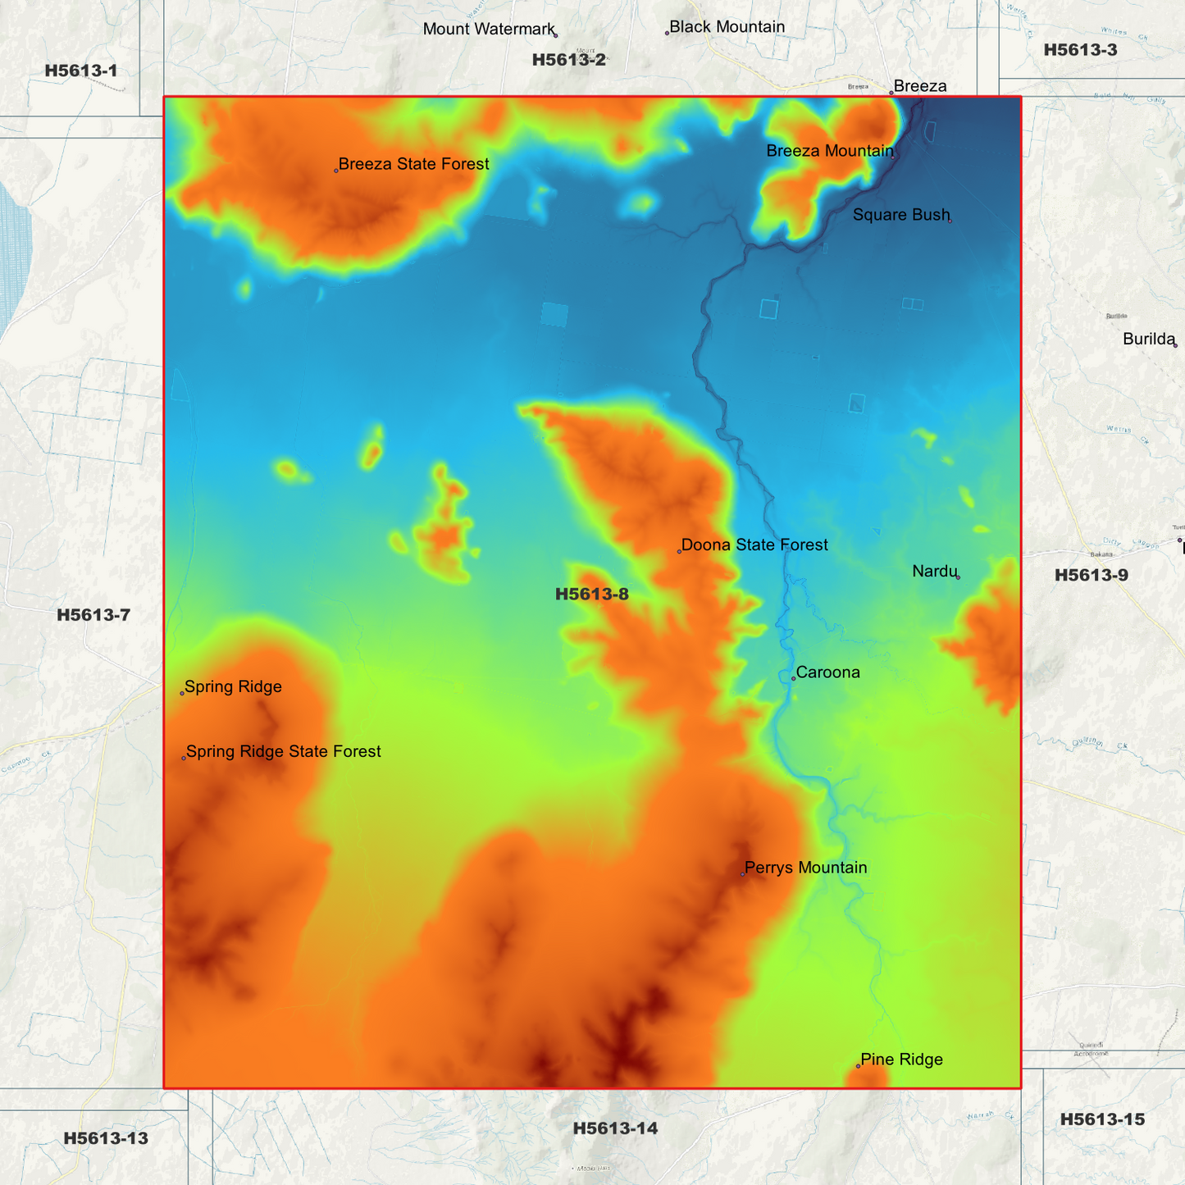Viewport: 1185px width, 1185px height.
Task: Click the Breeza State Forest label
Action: pyautogui.click(x=413, y=164)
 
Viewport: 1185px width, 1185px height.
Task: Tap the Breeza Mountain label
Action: pyautogui.click(x=830, y=151)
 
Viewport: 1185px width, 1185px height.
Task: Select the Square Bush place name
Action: pyautogui.click(x=900, y=215)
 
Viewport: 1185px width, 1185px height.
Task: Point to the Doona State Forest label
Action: pyautogui.click(x=754, y=545)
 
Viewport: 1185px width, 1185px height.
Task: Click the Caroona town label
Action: pyautogui.click(x=828, y=672)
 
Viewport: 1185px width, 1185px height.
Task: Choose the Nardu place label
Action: pyautogui.click(x=934, y=571)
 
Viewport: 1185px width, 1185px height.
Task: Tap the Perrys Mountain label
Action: pyautogui.click(x=805, y=868)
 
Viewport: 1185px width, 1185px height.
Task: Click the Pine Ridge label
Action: pyautogui.click(x=901, y=1060)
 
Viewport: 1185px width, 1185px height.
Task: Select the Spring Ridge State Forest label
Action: pyautogui.click(x=283, y=752)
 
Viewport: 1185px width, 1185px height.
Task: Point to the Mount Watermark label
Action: pyautogui.click(x=489, y=30)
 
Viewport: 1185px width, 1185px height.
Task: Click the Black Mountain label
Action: pyautogui.click(x=727, y=27)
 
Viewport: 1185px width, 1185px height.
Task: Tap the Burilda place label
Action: pyautogui.click(x=1148, y=340)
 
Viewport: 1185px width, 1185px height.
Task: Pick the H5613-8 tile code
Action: pyautogui.click(x=591, y=595)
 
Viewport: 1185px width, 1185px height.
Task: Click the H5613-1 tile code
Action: pyautogui.click(x=81, y=71)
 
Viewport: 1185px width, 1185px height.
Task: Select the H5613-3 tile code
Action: pyautogui.click(x=1080, y=50)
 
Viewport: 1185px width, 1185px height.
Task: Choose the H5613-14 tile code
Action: pyautogui.click(x=615, y=1129)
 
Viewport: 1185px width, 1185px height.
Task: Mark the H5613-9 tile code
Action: pyautogui.click(x=1091, y=576)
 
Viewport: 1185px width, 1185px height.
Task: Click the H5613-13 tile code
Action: pyautogui.click(x=106, y=1138)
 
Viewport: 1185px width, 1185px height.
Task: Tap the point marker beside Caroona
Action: pyautogui.click(x=793, y=678)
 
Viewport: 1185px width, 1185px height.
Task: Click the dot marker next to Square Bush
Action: pyautogui.click(x=950, y=220)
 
